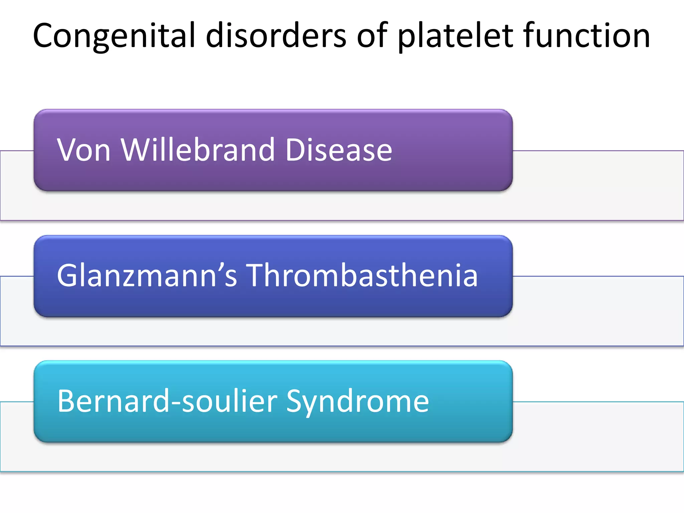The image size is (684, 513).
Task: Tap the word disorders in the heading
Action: click(276, 35)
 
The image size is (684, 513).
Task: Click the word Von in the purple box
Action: click(83, 150)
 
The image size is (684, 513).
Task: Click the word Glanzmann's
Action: click(147, 275)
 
